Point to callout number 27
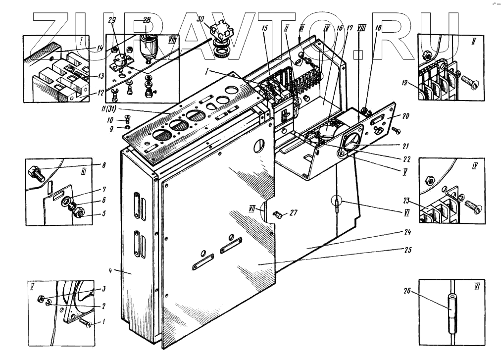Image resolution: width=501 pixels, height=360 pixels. point(294,213)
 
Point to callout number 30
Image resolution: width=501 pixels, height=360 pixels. point(200,18)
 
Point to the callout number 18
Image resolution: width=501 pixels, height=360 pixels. point(378,29)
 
